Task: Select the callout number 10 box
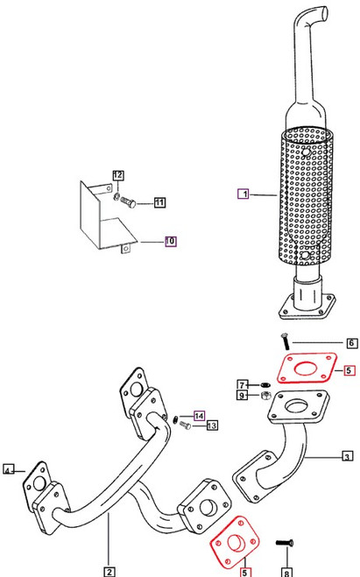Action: tap(170, 240)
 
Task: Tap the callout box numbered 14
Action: tap(199, 416)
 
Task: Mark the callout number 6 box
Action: tap(351, 342)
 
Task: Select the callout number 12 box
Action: tap(117, 176)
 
